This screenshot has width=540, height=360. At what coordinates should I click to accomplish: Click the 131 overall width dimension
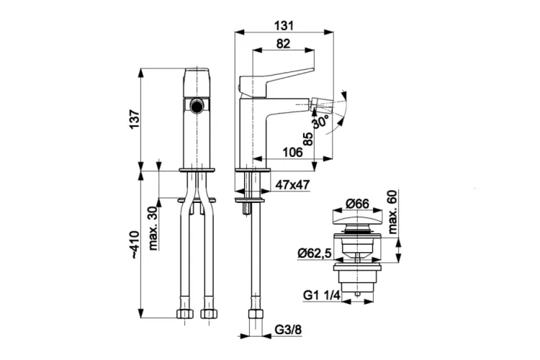tap(284, 25)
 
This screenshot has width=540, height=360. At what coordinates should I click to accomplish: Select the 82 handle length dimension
tap(283, 44)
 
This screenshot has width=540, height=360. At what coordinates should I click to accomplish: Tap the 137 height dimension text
tap(135, 120)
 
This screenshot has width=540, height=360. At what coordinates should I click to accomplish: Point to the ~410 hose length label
tap(135, 244)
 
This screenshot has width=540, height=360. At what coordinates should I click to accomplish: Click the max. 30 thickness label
tap(153, 228)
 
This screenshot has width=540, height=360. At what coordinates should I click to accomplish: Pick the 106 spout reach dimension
tap(292, 152)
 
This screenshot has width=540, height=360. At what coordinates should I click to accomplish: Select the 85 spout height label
tap(308, 139)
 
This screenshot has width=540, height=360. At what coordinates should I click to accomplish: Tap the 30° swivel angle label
tap(320, 121)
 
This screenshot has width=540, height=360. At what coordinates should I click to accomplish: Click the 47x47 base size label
tap(292, 185)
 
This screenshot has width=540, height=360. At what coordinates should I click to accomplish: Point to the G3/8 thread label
tap(288, 330)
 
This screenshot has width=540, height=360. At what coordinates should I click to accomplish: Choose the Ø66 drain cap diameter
tap(357, 204)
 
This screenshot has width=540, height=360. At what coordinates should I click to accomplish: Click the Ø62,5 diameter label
tap(315, 253)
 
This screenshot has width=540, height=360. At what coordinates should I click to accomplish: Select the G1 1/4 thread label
tap(322, 295)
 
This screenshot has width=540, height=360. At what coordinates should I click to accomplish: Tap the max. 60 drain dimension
tap(392, 212)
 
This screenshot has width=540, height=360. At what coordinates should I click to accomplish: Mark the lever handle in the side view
tap(276, 81)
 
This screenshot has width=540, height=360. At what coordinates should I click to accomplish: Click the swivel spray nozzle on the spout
tap(321, 104)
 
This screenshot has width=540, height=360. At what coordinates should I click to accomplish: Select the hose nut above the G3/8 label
tap(255, 314)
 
